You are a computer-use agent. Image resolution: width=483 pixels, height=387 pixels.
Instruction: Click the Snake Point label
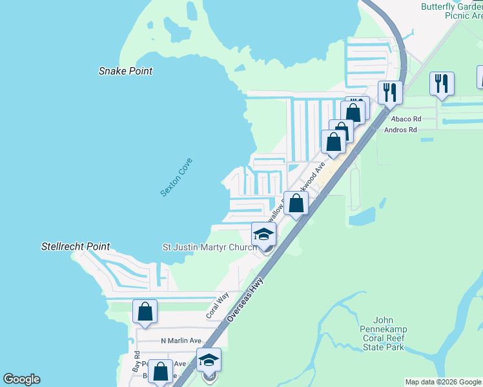coord(125,71)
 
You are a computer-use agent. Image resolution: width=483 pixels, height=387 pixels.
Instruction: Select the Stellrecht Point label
coord(76,246)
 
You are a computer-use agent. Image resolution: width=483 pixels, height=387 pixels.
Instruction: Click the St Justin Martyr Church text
coord(209,247)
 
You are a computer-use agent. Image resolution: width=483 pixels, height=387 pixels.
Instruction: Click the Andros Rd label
coord(401,130)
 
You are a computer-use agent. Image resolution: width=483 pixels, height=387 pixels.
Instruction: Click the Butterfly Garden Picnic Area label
coord(451,12)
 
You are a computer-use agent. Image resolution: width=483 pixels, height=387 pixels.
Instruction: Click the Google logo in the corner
coord(21,379)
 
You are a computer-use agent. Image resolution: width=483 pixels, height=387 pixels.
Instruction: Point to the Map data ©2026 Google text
coord(443,382)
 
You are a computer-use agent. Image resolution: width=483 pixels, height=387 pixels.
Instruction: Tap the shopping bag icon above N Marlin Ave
coord(145,312)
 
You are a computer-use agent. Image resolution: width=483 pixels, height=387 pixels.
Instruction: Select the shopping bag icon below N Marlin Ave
coord(161,371)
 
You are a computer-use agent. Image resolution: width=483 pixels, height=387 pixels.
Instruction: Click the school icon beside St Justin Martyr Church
coord(263,234)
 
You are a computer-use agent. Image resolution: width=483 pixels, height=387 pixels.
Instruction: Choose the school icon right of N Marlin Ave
coord(209,360)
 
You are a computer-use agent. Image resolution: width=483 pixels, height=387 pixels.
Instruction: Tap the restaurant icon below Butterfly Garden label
coord(442,84)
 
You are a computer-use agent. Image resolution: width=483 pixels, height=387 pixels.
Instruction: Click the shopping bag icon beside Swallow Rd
coord(296,203)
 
